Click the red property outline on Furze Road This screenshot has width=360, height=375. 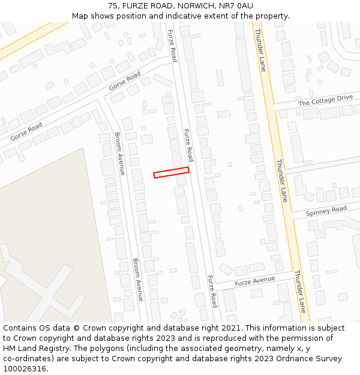click(171, 172)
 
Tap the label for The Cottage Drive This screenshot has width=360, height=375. click(325, 100)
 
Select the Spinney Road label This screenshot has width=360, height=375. click(326, 211)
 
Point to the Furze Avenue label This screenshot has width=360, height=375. click(254, 281)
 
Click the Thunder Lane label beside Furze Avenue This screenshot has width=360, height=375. click(300, 291)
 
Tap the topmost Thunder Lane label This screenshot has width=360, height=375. click(260, 50)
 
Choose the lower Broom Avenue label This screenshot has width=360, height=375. click(139, 280)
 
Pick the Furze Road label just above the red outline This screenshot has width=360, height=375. click(188, 145)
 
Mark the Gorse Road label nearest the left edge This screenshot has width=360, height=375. click(26, 131)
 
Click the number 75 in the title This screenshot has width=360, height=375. click(113, 6)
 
